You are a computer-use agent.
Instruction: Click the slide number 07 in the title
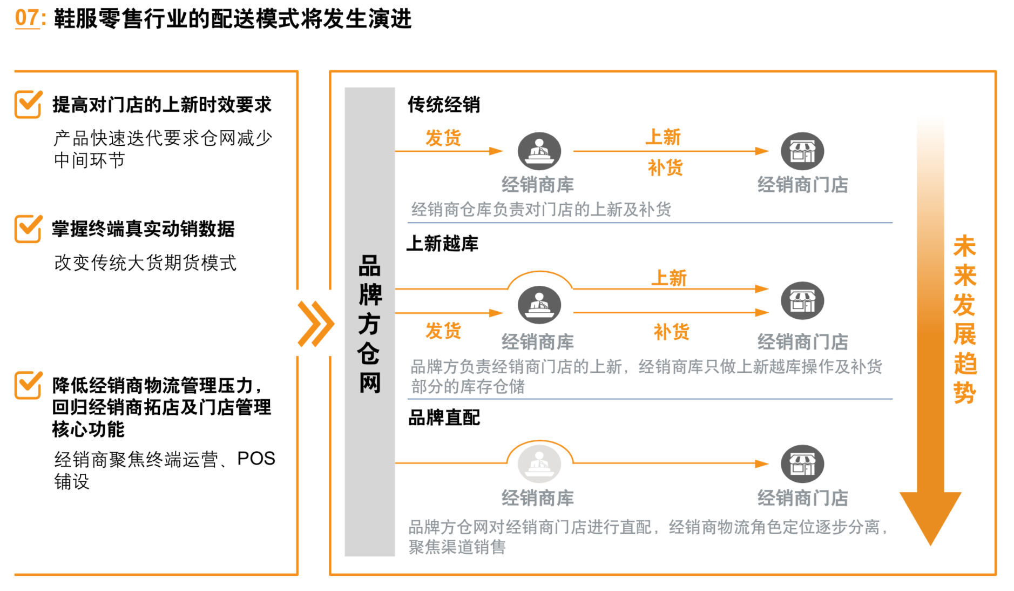pos(26,18)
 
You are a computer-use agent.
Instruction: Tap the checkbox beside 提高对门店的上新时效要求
pos(28,104)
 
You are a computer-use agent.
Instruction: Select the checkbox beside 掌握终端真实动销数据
pos(28,229)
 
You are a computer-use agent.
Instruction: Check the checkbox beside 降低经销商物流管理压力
pos(28,385)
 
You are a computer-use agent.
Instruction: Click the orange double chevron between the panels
pos(316,324)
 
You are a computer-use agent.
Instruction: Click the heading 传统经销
pos(444,104)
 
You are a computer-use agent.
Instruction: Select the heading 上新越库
pos(443,244)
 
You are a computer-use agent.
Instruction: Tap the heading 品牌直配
pos(444,418)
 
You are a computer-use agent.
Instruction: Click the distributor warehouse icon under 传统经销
pos(539,151)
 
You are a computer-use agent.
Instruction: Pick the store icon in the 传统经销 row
pos(802,151)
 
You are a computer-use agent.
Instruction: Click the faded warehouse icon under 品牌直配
pos(539,464)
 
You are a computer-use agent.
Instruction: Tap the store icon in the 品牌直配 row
pos(802,464)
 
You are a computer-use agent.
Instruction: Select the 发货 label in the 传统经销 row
pos(443,138)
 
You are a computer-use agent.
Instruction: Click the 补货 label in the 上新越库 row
pos(672,332)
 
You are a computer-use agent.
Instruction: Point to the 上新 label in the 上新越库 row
pos(669,278)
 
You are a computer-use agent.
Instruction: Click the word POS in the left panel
pos(256,459)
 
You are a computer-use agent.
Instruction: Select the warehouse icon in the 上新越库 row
pos(539,305)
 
